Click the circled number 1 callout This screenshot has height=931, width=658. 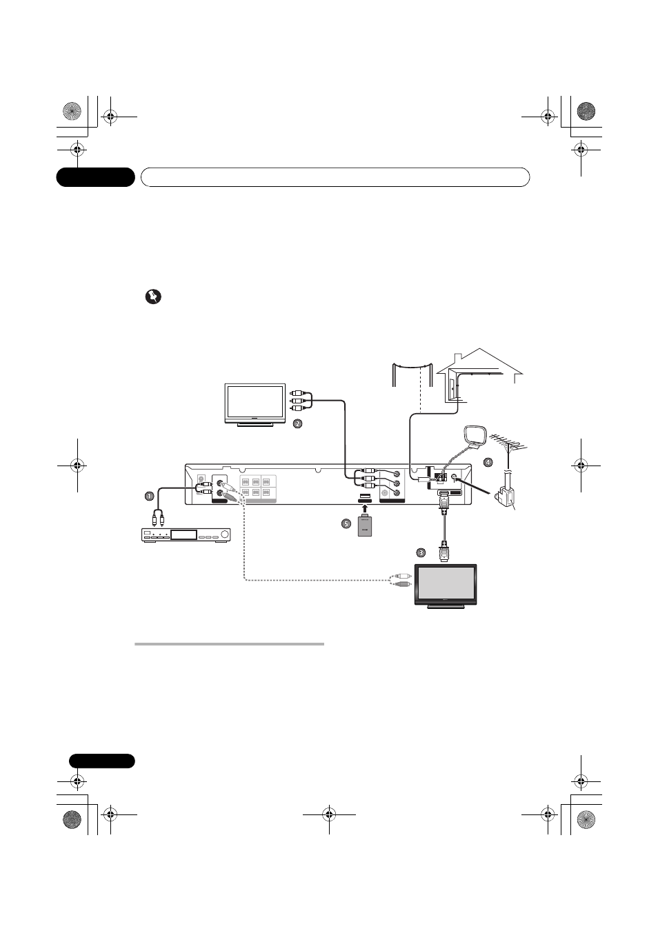148,496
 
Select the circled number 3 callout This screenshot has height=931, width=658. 421,552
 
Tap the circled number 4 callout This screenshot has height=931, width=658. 488,461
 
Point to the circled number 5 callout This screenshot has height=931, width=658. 346,523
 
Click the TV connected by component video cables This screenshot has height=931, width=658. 255,405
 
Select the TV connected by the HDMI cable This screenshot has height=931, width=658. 444,585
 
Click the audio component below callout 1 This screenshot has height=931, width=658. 185,535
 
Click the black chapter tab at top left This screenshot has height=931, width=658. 95,177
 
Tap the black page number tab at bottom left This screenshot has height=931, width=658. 101,761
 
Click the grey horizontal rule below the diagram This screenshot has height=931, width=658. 229,644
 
